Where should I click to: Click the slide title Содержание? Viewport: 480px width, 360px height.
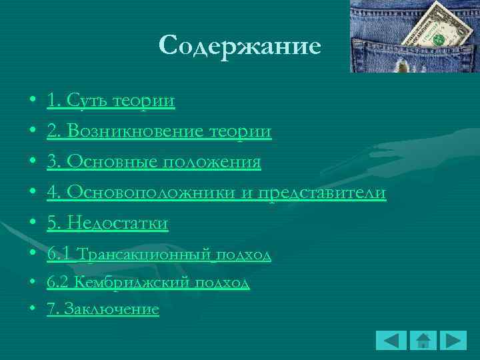[240, 45]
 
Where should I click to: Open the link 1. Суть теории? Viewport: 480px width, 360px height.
[111, 101]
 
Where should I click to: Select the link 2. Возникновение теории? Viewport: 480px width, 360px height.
[159, 131]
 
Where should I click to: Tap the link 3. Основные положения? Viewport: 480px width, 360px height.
[153, 162]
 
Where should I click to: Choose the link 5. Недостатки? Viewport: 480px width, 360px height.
[107, 223]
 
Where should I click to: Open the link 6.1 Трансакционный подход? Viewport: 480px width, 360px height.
[159, 255]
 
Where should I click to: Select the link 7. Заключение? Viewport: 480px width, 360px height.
[103, 309]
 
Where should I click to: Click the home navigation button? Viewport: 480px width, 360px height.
[423, 340]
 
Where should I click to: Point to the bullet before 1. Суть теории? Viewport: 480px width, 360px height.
[33, 101]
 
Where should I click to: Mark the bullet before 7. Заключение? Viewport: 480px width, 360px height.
[33, 310]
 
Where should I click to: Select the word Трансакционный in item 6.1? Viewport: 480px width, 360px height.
[144, 255]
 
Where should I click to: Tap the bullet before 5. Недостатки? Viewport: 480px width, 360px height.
[33, 224]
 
